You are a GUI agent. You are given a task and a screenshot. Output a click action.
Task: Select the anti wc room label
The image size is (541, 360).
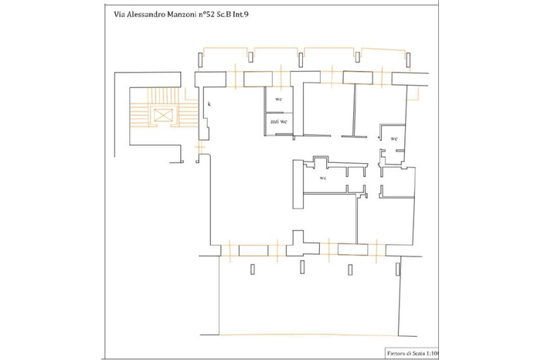click(278, 121)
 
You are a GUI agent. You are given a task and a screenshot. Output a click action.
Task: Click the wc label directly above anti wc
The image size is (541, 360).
click(278, 100)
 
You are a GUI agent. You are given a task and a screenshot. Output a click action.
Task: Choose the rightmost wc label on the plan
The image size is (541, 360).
click(393, 138)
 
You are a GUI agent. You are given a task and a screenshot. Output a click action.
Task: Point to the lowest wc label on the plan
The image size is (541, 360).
click(323, 178)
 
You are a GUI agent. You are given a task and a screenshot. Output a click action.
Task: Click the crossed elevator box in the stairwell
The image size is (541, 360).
click(164, 115)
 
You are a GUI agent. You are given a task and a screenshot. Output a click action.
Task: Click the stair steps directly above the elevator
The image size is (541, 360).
click(164, 97)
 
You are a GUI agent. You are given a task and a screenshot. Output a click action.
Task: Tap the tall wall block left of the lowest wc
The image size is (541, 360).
click(298, 185)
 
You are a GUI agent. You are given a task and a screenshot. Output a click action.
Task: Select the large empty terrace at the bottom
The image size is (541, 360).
click(309, 305)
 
